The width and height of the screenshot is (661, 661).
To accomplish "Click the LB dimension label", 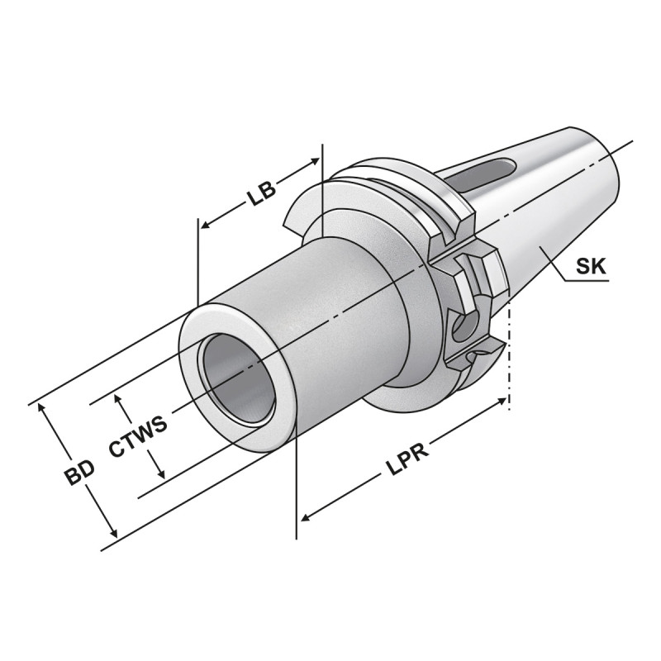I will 260,194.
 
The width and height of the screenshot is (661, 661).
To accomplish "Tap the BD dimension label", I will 81,474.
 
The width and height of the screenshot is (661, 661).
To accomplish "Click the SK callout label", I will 590,266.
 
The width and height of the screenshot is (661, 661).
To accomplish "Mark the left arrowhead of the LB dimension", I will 205,223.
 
